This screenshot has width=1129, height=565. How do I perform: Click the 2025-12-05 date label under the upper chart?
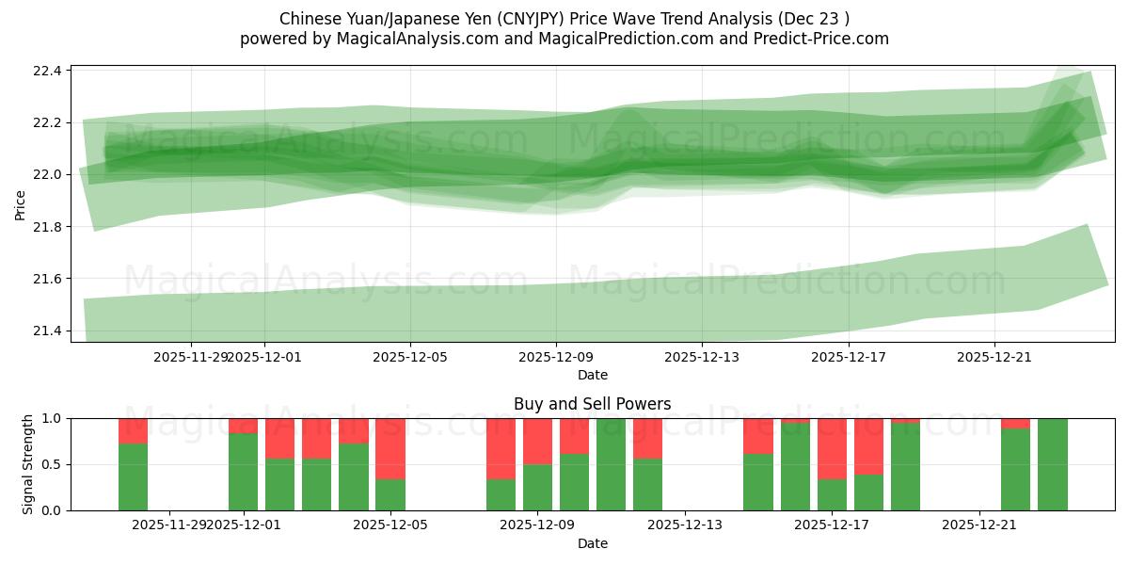(410, 357)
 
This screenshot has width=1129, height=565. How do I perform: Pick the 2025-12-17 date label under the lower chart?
(833, 525)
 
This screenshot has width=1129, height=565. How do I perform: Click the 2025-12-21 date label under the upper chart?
(995, 357)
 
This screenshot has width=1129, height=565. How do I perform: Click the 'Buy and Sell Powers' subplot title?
(593, 404)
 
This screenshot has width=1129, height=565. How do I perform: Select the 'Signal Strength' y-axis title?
(28, 464)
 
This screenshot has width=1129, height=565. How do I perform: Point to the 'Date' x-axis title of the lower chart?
(593, 543)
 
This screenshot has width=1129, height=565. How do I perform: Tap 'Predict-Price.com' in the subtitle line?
(816, 39)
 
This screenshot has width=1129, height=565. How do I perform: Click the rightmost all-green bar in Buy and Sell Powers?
(1052, 464)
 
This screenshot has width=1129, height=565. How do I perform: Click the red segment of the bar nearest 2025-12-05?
(390, 448)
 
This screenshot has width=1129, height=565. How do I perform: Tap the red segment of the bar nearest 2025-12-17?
(833, 448)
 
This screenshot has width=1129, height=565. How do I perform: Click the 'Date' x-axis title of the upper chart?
(593, 375)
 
